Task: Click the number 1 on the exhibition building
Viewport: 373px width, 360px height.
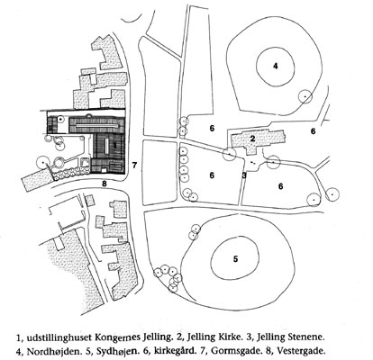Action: tap(114, 144)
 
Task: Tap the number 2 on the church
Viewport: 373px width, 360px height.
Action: tap(252, 139)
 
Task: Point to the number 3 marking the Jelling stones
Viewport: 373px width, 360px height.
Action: tap(244, 175)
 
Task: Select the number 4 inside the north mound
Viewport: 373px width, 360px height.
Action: tap(275, 67)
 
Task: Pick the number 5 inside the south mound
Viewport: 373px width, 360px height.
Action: tap(235, 259)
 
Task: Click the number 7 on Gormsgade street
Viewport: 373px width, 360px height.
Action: tap(134, 165)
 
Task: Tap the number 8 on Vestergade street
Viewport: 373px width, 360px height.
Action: tap(105, 184)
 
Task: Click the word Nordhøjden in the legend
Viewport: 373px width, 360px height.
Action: tap(49, 350)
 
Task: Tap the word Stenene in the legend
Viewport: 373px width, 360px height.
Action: tap(308, 337)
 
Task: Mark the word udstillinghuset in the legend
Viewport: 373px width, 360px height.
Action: tap(59, 337)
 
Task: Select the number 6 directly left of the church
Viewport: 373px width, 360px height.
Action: tap(212, 129)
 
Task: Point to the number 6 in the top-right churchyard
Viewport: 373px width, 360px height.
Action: tap(314, 131)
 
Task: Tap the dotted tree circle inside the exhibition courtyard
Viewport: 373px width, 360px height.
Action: tap(60, 120)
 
